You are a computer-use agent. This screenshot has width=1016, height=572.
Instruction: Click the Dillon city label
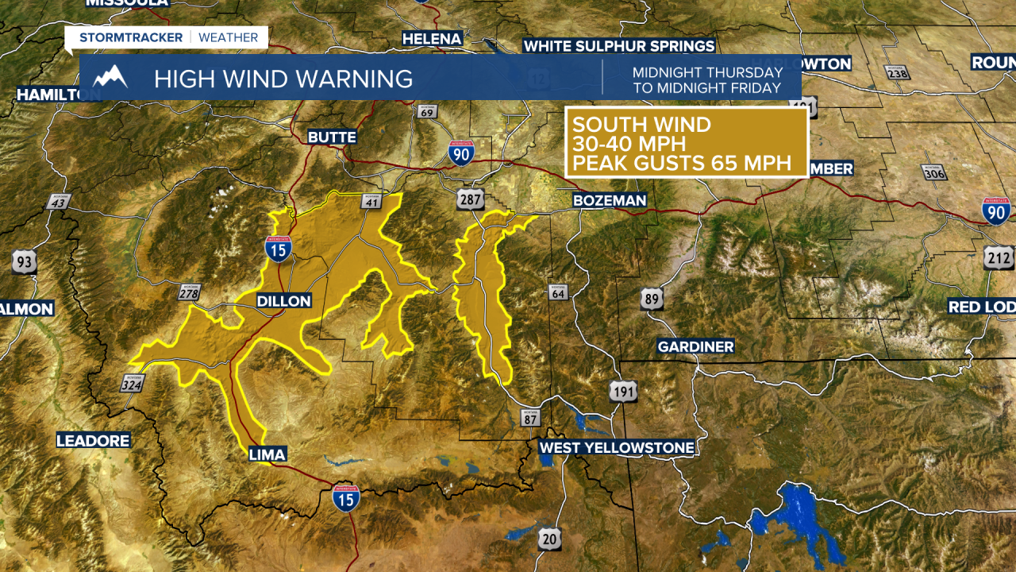point(283,301)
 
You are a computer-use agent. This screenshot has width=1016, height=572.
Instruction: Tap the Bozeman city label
point(610,201)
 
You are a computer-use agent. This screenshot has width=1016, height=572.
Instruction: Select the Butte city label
point(332,137)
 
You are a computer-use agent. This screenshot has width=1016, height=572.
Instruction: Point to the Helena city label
point(432,39)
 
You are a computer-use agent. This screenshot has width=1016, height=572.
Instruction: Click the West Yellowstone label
point(617,448)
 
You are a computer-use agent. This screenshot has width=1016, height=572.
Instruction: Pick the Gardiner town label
point(695,346)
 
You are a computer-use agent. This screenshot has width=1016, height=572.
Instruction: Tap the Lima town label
point(267,454)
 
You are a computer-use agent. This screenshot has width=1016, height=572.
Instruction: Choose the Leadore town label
point(93,441)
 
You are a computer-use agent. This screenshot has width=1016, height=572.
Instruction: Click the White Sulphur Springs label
point(619,46)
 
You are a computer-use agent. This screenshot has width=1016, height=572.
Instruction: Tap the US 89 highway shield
point(652,299)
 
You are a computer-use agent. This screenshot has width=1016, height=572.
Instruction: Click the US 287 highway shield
point(470,199)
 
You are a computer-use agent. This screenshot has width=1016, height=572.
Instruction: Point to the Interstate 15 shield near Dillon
point(279,249)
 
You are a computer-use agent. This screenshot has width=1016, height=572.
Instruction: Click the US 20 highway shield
point(548,539)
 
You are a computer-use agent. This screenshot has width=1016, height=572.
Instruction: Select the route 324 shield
point(132,385)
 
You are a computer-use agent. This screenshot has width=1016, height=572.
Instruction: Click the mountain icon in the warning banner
point(110,77)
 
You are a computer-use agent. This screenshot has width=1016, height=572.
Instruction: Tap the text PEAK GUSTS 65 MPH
point(682,164)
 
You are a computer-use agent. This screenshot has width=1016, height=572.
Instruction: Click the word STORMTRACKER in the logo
point(130,37)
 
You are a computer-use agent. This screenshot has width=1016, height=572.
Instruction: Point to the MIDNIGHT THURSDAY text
point(707,72)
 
